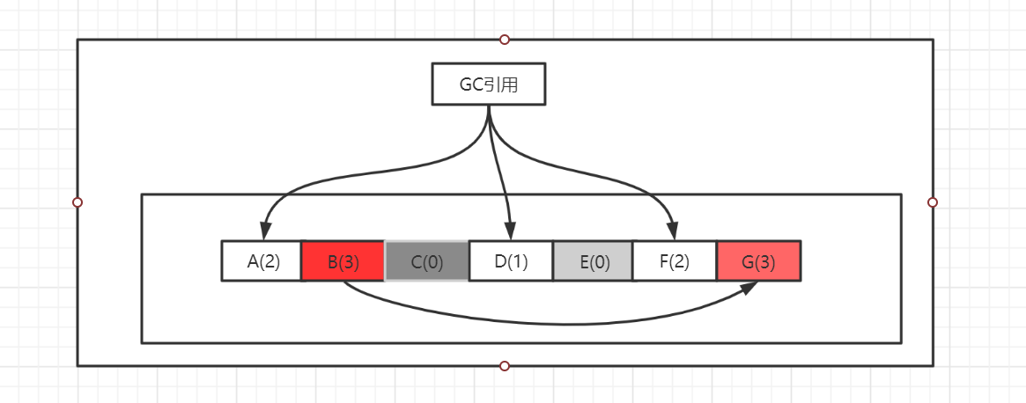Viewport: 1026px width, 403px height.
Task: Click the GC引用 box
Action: click(489, 84)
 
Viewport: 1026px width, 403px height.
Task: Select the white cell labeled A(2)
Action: click(262, 261)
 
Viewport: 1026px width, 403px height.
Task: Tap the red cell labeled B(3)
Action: click(343, 261)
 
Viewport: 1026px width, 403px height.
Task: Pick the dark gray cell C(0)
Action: click(426, 261)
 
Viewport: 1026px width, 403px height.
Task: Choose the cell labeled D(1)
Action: click(511, 261)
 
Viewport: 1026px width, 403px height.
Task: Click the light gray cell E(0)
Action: click(594, 261)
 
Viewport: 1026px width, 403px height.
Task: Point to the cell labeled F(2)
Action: click(675, 261)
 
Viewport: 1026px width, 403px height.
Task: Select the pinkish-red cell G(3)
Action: click(758, 261)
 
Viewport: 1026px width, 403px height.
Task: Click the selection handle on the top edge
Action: click(505, 40)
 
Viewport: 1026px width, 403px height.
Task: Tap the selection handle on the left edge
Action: click(78, 202)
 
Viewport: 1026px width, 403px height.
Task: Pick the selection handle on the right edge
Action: click(933, 202)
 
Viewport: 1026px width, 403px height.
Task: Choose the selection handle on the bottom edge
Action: click(505, 365)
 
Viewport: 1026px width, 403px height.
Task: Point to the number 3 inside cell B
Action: click(348, 261)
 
